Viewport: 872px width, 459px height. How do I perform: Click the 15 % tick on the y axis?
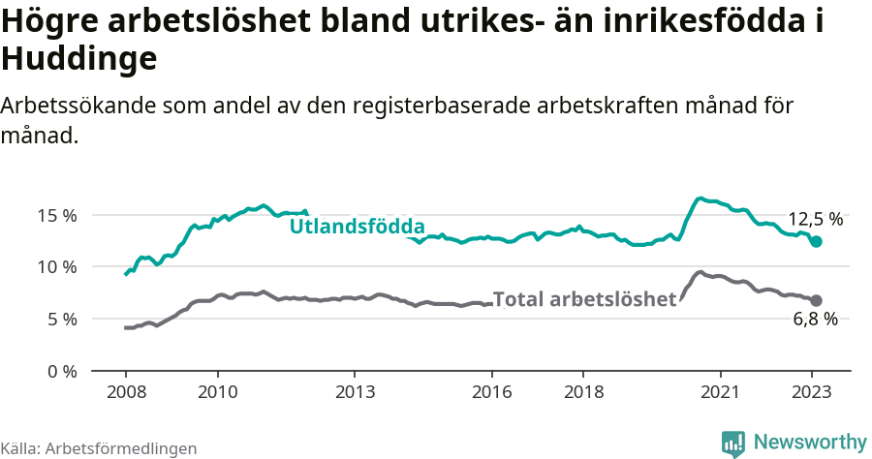tap(57, 215)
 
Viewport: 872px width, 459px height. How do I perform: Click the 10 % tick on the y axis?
tap(57, 267)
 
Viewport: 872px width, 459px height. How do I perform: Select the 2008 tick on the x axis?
tap(126, 393)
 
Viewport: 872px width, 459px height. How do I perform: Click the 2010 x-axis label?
tap(217, 393)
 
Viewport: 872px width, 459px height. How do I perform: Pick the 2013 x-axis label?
tap(355, 393)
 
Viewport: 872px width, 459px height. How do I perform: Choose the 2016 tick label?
tap(491, 393)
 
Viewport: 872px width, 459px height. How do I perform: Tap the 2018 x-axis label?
tap(583, 393)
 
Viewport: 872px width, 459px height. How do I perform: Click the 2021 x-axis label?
tap(720, 393)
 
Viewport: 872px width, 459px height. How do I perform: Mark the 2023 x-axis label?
tap(812, 393)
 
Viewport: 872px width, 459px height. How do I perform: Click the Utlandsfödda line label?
tap(358, 227)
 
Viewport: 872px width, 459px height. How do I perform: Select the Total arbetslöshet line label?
tap(584, 299)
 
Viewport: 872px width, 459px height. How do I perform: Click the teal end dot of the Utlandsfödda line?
tap(816, 241)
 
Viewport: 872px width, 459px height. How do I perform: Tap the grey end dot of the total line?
tap(816, 300)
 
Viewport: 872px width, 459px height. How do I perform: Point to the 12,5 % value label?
tap(815, 219)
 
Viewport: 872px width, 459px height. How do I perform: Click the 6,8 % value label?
tap(815, 320)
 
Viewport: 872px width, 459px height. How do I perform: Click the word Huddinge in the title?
tap(79, 59)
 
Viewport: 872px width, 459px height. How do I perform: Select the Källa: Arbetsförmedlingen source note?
tap(99, 448)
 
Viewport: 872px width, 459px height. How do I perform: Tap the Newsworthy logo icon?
tap(733, 443)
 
